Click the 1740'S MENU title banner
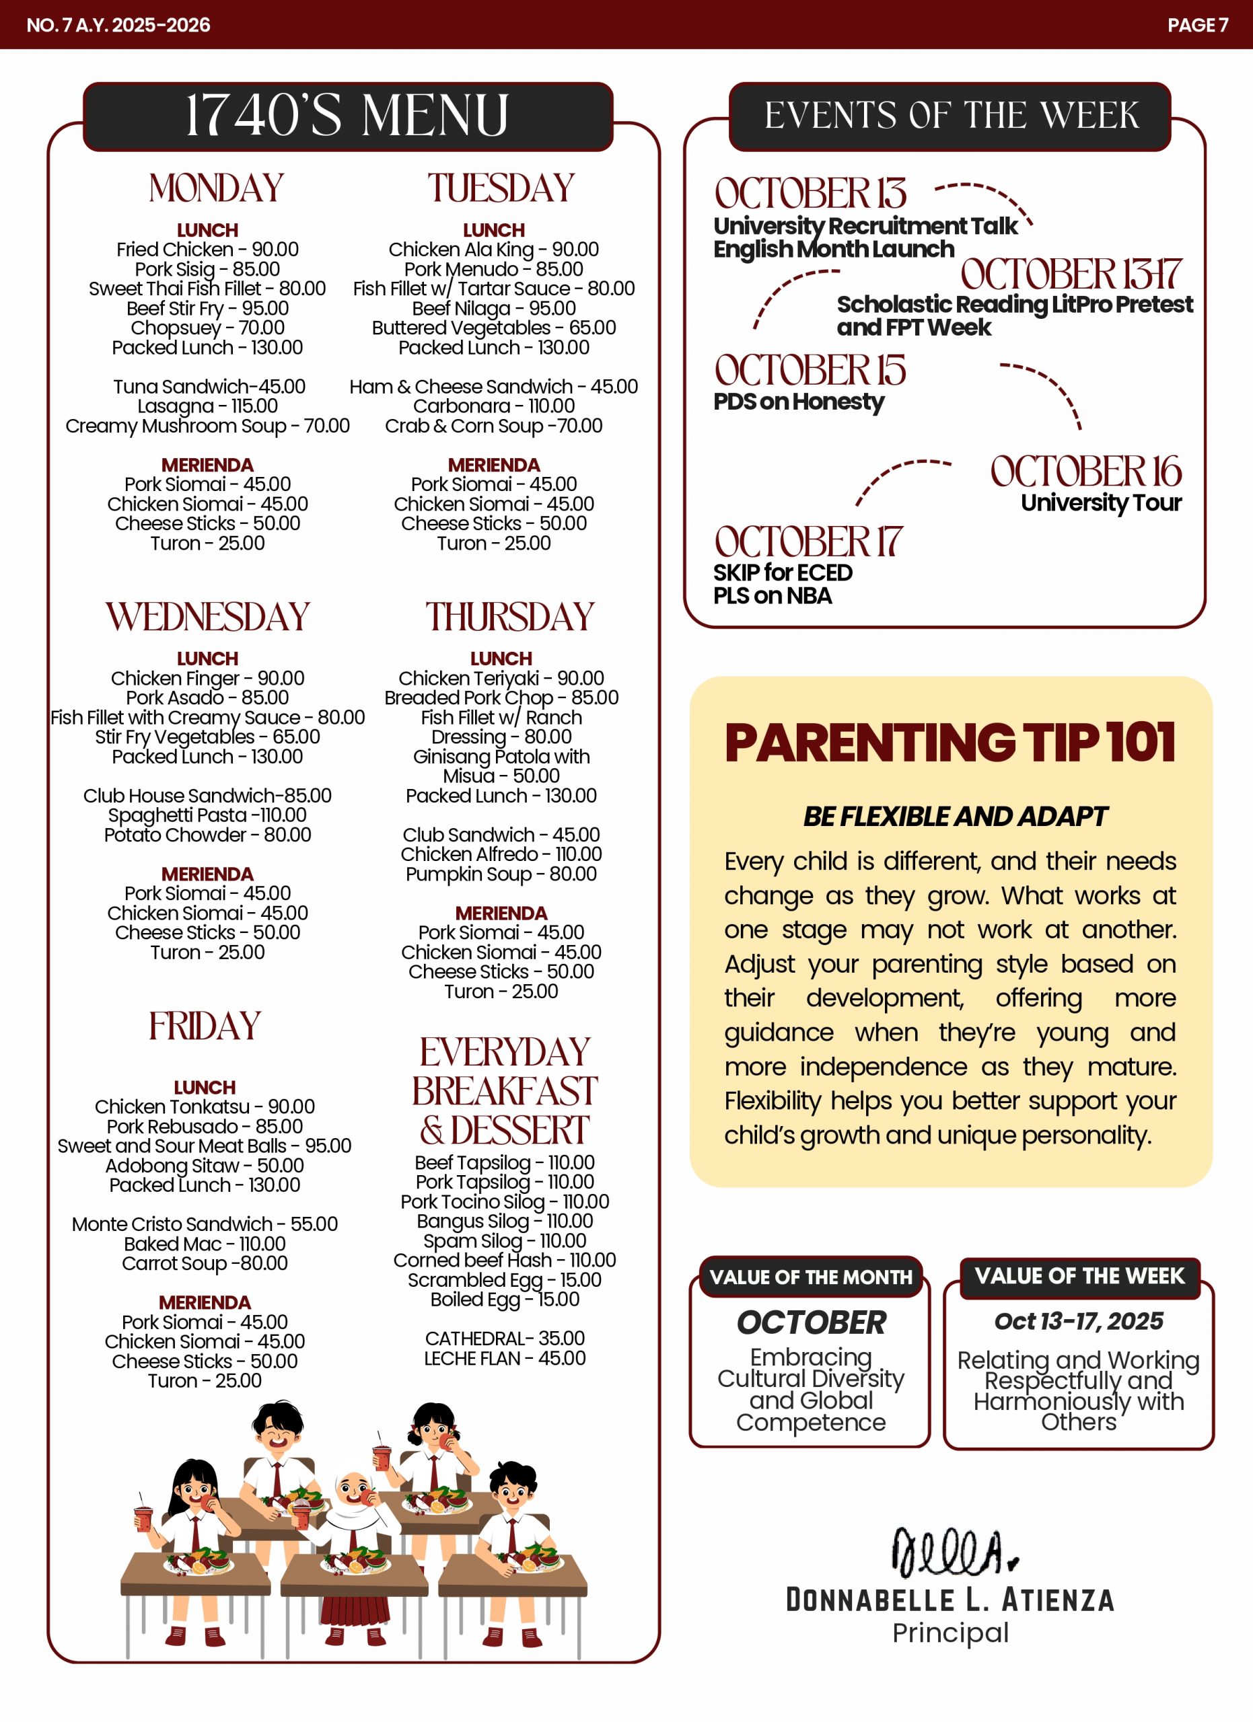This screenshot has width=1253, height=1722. pos(347,116)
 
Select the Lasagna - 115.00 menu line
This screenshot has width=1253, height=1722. pos(207,406)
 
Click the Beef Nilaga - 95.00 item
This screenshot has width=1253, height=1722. pos(494,308)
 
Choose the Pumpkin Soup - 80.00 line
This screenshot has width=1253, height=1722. pos(501,874)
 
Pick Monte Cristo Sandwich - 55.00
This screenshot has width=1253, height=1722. pos(205,1224)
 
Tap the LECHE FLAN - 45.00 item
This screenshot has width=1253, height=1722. pos(504,1357)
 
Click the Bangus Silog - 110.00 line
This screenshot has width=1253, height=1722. pos(504,1221)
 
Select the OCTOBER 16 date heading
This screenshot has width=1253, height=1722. pos(1085,472)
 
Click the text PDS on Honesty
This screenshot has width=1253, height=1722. pos(798,402)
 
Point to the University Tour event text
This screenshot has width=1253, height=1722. pos(1100,502)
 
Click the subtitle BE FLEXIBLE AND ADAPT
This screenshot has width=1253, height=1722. pos(956,816)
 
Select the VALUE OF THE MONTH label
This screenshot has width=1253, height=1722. pos(810,1277)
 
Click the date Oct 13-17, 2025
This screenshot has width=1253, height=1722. pos(1078,1321)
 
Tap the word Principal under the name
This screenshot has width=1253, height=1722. pos(950,1633)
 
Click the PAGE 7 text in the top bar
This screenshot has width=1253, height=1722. pos(1196,25)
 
